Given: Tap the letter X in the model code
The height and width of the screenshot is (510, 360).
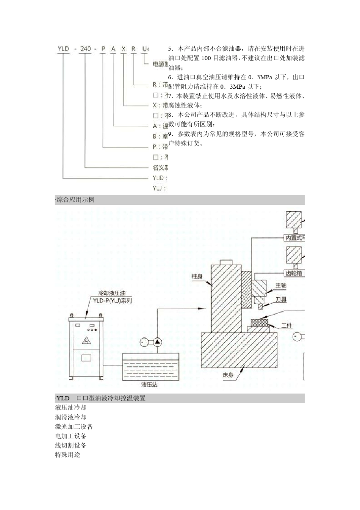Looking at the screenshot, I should click(124, 49).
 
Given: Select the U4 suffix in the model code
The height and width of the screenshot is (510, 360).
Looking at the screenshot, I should click(146, 49).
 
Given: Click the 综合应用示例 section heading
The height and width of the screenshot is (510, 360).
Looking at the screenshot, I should click(75, 199).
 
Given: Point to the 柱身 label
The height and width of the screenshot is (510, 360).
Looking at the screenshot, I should click(197, 276).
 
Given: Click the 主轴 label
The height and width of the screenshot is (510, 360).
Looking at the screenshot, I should click(281, 286).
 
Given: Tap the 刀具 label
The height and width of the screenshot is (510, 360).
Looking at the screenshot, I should click(281, 300).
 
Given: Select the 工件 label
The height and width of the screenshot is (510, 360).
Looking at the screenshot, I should click(286, 325).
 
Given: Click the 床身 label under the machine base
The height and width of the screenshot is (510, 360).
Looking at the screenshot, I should click(227, 375).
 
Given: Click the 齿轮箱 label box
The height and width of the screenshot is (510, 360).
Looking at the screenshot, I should click(294, 273).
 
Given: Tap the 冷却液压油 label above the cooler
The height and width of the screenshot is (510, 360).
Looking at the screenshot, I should click(112, 293).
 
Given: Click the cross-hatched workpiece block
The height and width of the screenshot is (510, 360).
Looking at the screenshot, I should click(258, 323).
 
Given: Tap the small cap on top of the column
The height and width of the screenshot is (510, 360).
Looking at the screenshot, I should click(226, 262).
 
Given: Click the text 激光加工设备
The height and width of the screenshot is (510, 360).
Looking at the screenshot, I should click(74, 427).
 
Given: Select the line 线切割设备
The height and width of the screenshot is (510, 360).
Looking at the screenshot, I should click(71, 446).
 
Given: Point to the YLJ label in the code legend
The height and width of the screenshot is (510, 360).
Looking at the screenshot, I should click(158, 188).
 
